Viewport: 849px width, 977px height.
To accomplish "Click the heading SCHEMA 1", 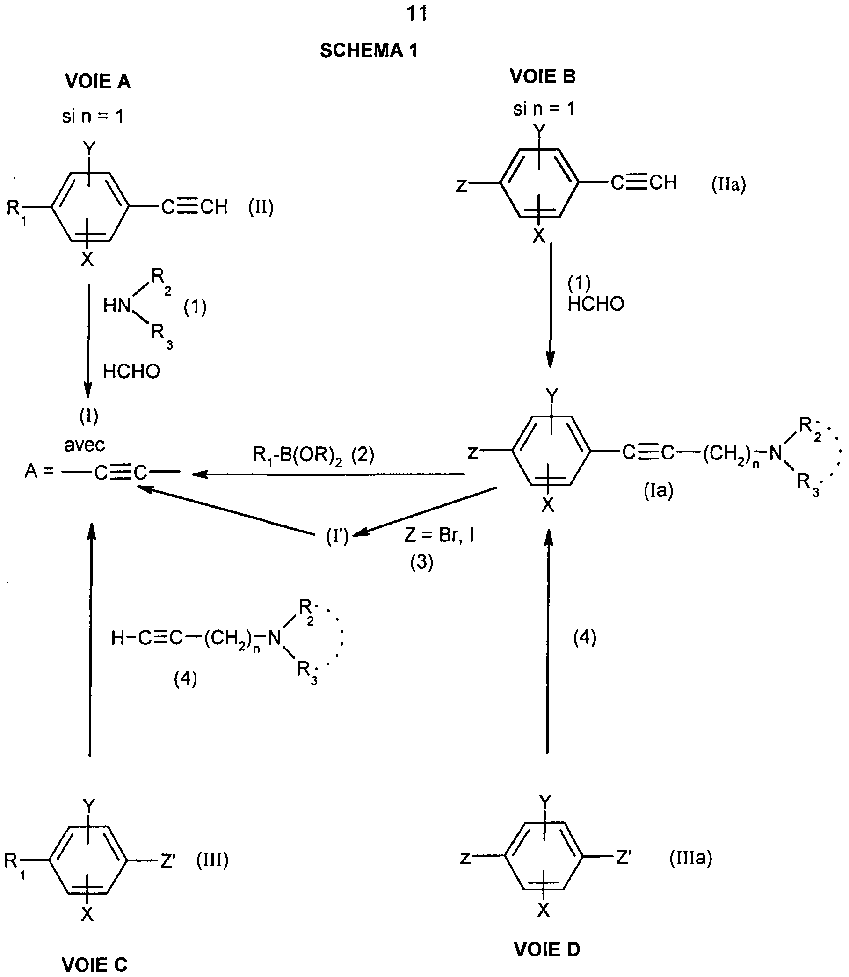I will [x=369, y=50].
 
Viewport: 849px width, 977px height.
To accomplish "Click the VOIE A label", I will [x=98, y=82].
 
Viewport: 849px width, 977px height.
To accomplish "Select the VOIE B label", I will [x=543, y=76].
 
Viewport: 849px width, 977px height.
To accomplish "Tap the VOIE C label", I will [x=95, y=965].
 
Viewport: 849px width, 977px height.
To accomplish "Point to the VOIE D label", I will [x=547, y=949].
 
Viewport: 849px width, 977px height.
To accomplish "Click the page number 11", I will [x=417, y=14].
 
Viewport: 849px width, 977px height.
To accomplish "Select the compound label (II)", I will [x=261, y=208].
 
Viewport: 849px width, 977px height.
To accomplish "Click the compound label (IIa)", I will [x=729, y=184].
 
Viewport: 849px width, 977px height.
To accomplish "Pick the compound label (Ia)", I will [x=658, y=491].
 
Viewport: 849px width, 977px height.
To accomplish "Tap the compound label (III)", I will [x=212, y=860].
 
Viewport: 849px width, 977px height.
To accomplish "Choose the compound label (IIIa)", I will [x=691, y=858].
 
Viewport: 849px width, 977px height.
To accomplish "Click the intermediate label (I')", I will [x=337, y=536].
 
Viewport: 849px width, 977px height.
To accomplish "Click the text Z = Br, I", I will [x=439, y=535].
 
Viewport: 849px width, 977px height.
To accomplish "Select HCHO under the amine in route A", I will [x=131, y=372].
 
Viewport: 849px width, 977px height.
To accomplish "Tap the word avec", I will [x=84, y=445].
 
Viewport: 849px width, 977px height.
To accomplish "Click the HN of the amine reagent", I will [x=116, y=306].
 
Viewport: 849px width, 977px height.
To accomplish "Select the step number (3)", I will [x=421, y=562].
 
